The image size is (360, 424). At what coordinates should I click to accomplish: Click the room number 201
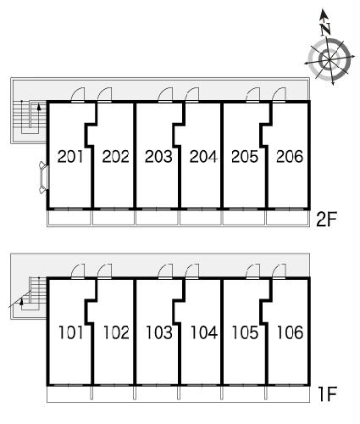click(70, 157)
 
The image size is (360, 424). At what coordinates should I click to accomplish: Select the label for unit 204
click(203, 157)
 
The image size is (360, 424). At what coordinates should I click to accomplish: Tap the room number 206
click(290, 157)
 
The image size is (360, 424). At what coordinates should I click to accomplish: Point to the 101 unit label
click(70, 332)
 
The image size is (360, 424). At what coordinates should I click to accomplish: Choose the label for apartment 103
click(159, 332)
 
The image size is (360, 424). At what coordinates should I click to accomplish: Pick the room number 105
click(245, 332)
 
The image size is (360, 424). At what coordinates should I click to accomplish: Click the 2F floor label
click(327, 220)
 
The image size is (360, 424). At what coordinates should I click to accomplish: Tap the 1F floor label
click(328, 394)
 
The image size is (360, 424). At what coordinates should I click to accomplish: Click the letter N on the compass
click(326, 28)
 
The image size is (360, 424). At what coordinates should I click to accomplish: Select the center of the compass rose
click(330, 59)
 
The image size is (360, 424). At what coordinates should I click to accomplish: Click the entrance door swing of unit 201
click(78, 94)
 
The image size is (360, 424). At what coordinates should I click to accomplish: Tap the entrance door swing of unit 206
click(279, 94)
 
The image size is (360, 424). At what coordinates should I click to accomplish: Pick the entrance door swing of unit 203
click(165, 94)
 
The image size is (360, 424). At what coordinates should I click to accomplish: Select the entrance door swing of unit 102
click(104, 271)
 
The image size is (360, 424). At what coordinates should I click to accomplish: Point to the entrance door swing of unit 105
click(253, 271)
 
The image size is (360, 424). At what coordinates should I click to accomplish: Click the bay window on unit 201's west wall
click(45, 177)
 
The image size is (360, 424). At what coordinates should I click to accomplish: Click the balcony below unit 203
click(157, 218)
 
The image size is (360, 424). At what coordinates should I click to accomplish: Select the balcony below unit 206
click(288, 218)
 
